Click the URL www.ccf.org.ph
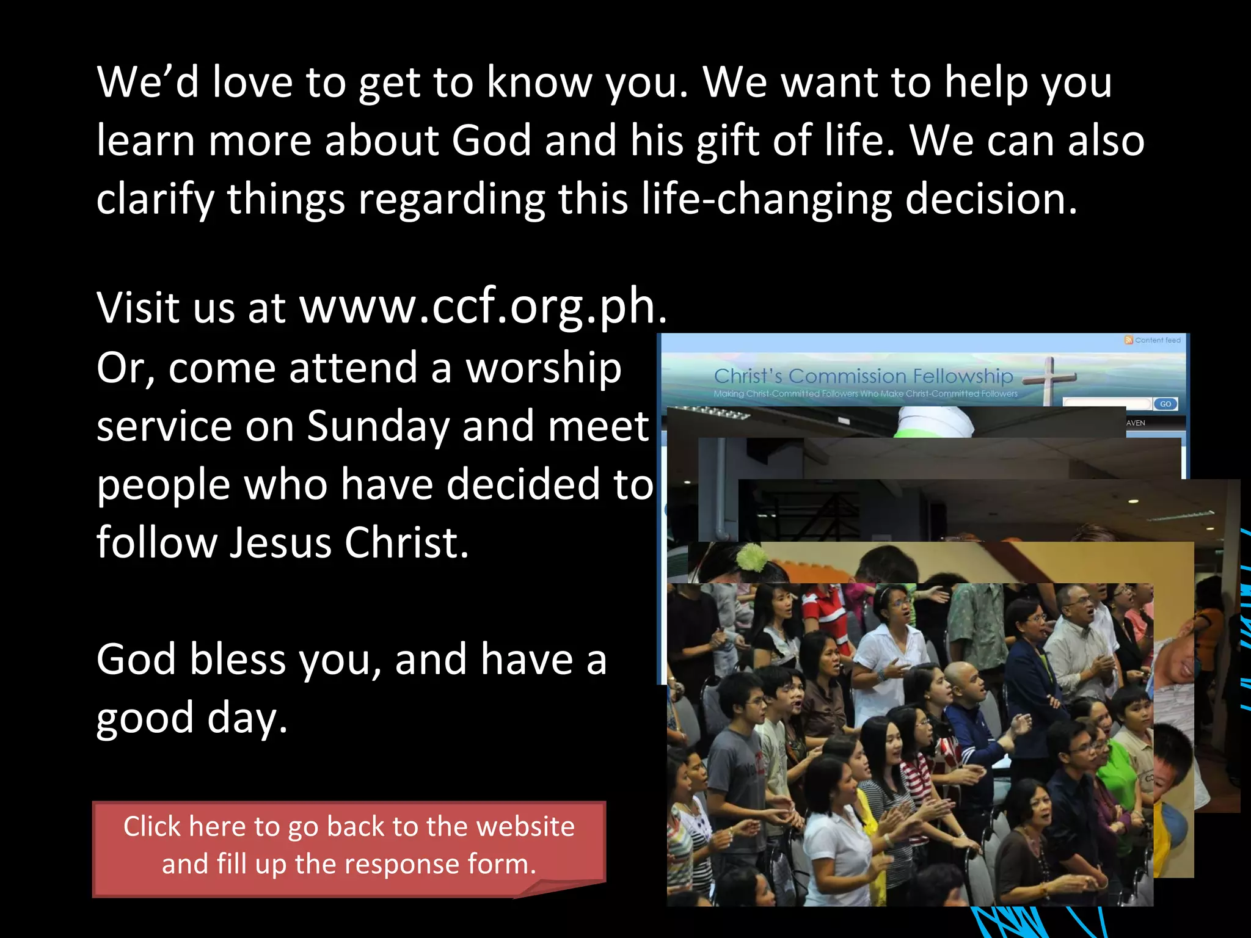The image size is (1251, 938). [483, 307]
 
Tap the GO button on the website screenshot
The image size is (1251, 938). [1165, 404]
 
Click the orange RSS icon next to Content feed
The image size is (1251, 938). [1129, 340]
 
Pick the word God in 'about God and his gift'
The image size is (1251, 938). [491, 140]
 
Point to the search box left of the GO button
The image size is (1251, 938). [1107, 404]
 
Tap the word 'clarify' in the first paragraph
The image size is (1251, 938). [155, 199]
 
